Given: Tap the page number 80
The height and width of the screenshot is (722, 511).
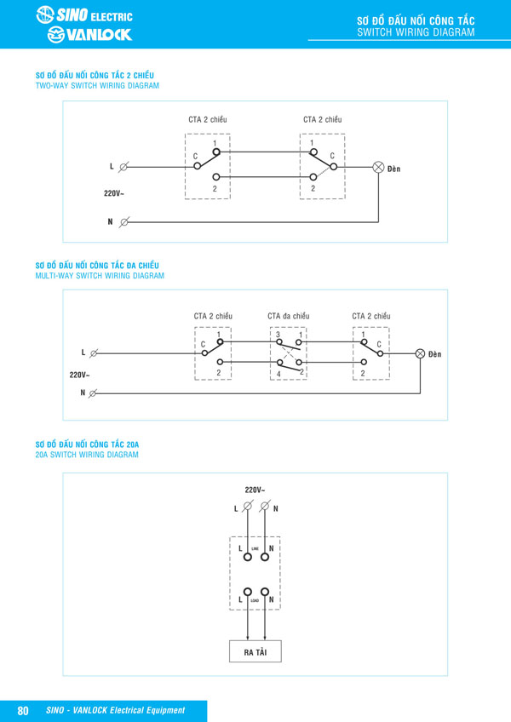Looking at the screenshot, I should coord(24,710).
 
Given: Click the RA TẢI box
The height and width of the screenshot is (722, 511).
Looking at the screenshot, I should coord(255,651).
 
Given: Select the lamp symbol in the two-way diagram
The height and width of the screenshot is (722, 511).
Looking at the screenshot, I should coord(379,168).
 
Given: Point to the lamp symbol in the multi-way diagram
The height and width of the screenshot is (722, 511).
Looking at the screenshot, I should coord(419,353).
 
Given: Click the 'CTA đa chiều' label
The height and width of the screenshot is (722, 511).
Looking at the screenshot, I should coord(287,317).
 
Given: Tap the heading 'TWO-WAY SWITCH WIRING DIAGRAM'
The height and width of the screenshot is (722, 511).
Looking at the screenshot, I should coord(97,86).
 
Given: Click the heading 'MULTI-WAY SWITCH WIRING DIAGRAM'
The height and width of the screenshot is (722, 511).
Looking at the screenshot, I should coord(100,276).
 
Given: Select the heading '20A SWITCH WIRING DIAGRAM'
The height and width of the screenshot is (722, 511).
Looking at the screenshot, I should coord(87,455).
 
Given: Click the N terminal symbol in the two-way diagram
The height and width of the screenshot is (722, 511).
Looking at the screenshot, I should coord(125,222).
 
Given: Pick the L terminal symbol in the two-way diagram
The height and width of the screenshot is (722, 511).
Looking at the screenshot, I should coord(125,168).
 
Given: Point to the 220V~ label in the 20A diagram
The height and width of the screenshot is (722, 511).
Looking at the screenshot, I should coord(255,490).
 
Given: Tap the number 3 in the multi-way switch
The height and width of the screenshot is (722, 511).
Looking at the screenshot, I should coord(278,335).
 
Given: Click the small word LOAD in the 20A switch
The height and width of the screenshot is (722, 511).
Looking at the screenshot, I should coord(255,601).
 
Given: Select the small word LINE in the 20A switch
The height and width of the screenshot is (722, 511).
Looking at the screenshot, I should coord(255,548).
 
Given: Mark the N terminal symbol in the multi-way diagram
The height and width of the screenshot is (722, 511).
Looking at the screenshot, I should coord(93,393).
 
